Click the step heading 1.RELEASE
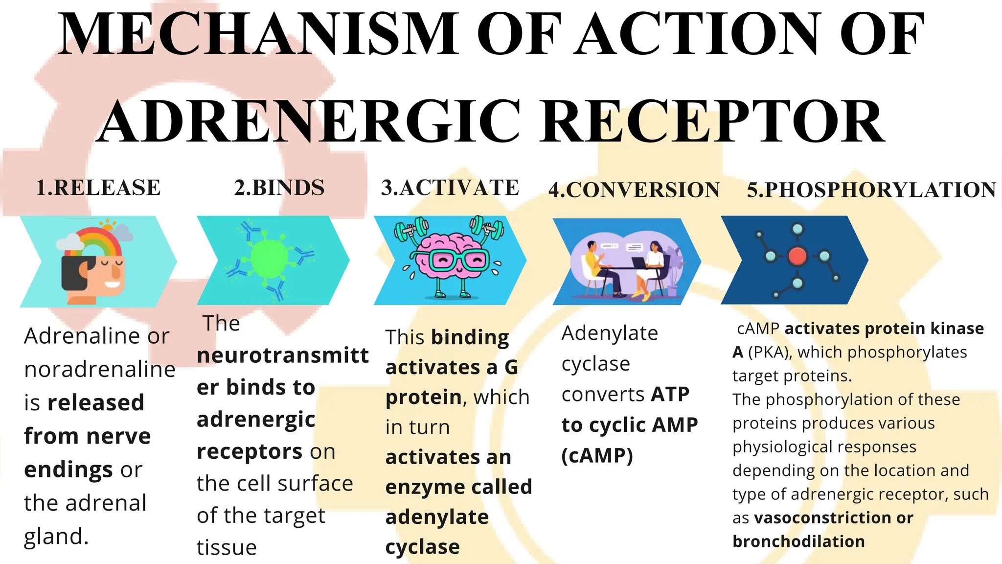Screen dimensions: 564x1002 [x=98, y=188]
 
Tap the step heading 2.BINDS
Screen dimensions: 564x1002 [x=279, y=188]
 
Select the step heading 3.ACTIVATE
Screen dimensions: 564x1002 [x=450, y=188]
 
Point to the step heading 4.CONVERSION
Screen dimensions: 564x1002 [x=634, y=190]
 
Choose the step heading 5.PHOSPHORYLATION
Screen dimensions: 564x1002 [x=871, y=190]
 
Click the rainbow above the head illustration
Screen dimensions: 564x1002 [x=98, y=240]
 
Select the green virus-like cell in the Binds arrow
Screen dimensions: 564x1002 [x=270, y=258]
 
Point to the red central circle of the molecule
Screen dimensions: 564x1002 [x=797, y=256]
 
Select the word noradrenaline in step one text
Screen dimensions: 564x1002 [x=100, y=370]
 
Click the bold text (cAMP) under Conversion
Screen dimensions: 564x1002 [x=597, y=456]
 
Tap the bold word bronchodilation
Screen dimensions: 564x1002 [x=798, y=541]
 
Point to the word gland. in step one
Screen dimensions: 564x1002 [x=56, y=537]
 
